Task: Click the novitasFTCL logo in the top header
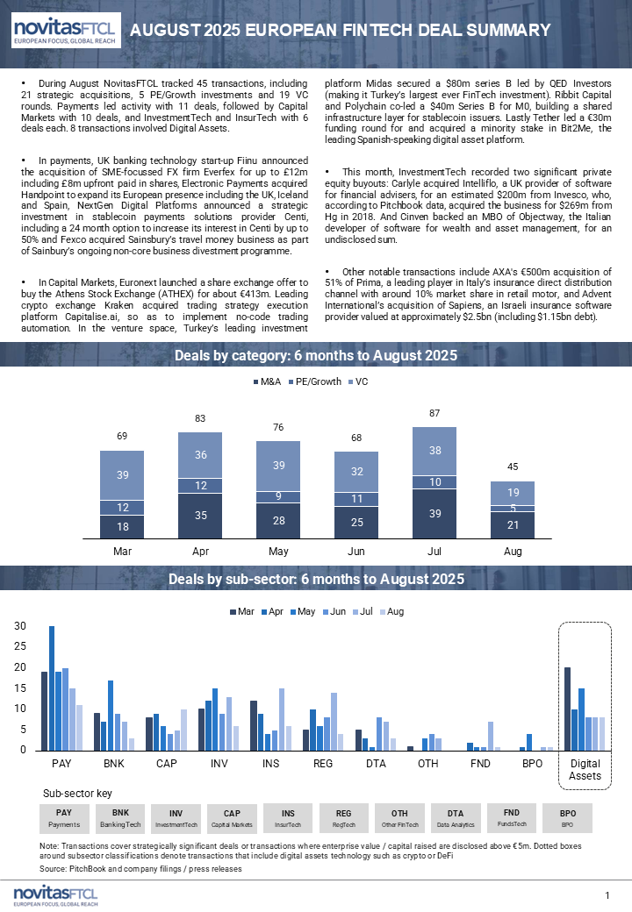click(x=63, y=32)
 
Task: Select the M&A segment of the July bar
click(x=434, y=513)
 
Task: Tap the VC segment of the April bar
click(x=200, y=455)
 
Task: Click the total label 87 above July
click(x=434, y=412)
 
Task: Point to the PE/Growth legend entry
click(x=316, y=381)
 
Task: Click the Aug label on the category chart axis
click(x=513, y=551)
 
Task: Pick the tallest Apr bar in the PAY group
click(x=52, y=688)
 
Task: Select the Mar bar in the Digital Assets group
click(x=567, y=709)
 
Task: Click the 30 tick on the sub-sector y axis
click(x=19, y=626)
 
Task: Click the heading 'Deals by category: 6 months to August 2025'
click(x=316, y=355)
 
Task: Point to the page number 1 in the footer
click(x=607, y=894)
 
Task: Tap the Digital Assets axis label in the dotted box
click(x=585, y=770)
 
